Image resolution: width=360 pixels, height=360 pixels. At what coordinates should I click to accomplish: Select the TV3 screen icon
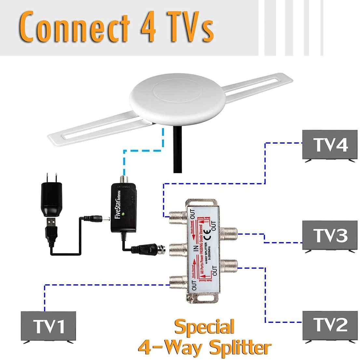click(x=330, y=235)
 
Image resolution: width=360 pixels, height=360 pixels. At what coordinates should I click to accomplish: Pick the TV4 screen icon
click(x=330, y=145)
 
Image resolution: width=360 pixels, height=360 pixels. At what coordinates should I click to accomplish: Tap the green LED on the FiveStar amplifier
click(x=124, y=214)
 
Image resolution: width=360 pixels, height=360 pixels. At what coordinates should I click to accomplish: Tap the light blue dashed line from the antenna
click(x=143, y=150)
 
